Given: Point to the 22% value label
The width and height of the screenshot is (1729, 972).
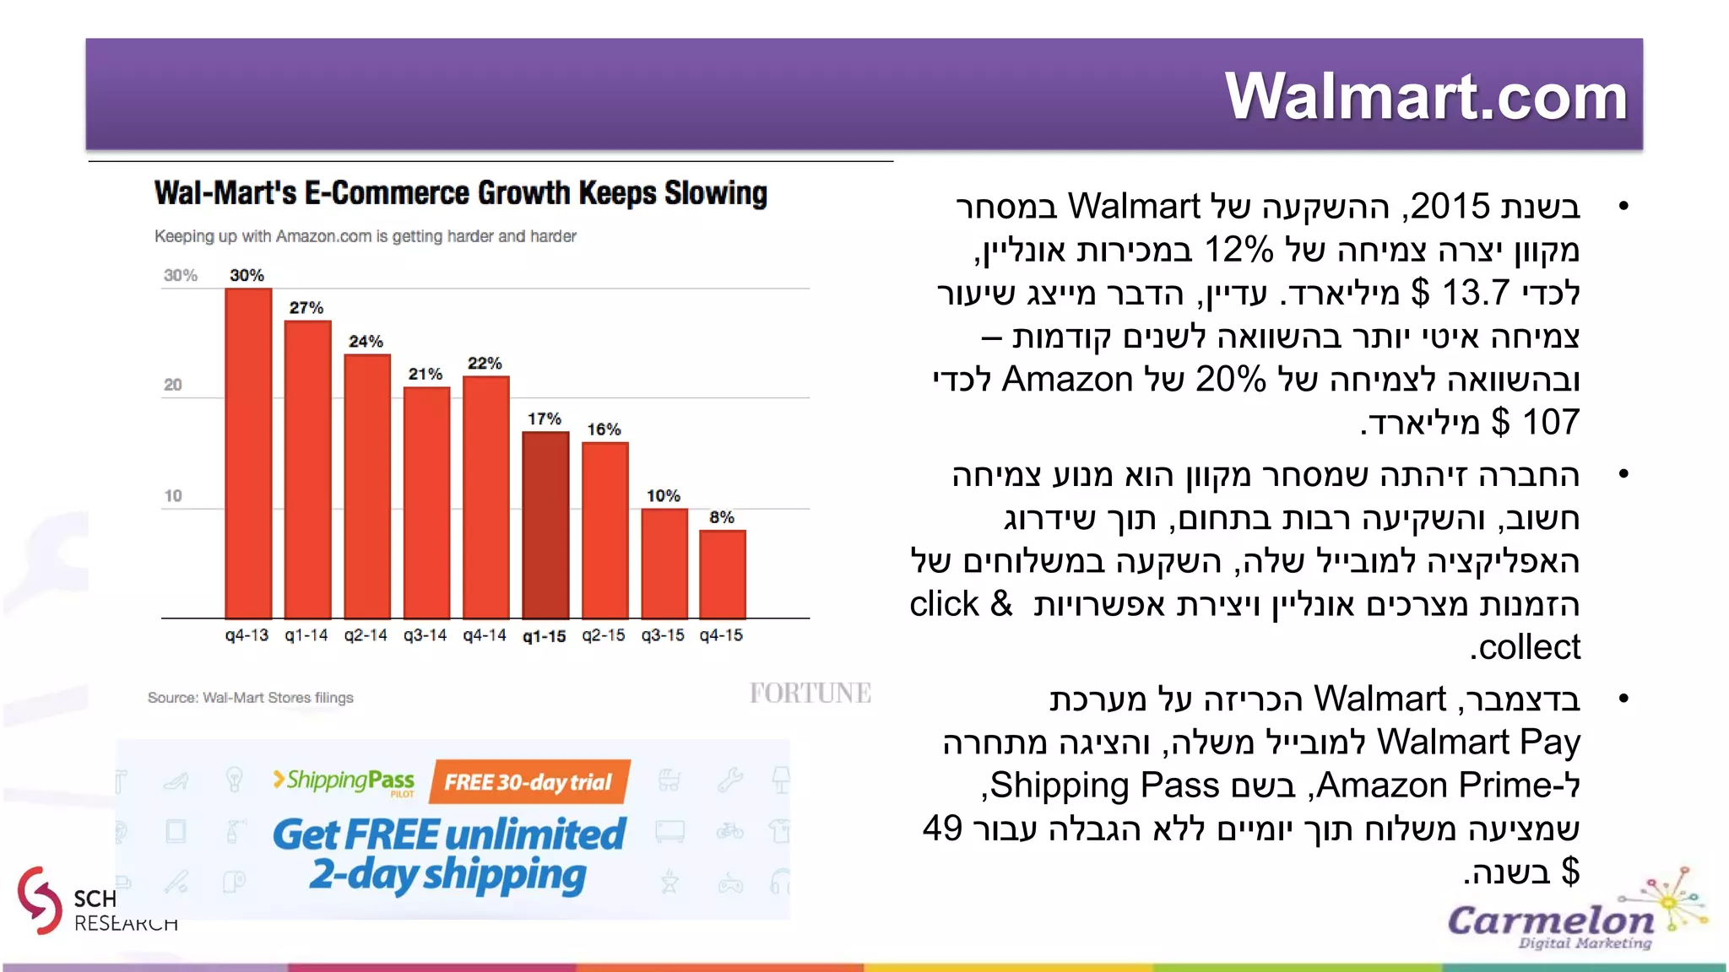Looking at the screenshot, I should pos(485,364).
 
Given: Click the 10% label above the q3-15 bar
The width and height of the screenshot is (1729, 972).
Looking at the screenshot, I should pos(664,496).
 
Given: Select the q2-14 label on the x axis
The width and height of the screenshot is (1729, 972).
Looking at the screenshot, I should pos(366,635).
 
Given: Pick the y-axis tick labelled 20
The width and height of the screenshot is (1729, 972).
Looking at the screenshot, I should pos(173,385).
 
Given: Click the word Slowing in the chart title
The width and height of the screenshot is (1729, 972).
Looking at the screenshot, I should pos(716,193).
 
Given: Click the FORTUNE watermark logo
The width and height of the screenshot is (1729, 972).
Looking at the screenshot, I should pos(810,694).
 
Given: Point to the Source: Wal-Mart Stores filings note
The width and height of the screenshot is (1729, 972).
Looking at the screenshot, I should pos(250,698).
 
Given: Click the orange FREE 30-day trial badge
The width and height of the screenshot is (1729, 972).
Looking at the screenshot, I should pos(529,782).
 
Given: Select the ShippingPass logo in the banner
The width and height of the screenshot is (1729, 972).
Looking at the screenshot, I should pos(344,780).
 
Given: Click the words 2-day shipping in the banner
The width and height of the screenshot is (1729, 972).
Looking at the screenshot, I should pos(447,875).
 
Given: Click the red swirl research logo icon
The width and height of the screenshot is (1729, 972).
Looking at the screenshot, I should pos(39,899).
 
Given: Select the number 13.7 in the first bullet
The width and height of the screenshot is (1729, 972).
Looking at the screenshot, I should pos(1474,294).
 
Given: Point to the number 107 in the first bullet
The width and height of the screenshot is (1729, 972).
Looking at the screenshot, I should pos(1550,422).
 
